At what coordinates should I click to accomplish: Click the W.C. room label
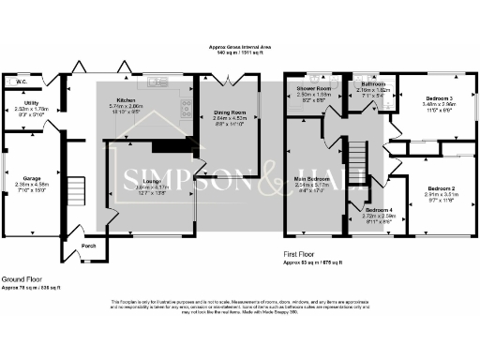point(21,80)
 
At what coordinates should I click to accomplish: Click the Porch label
point(89,246)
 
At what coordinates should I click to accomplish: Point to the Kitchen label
point(127,99)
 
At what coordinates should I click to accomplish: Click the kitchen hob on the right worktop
point(181,112)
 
